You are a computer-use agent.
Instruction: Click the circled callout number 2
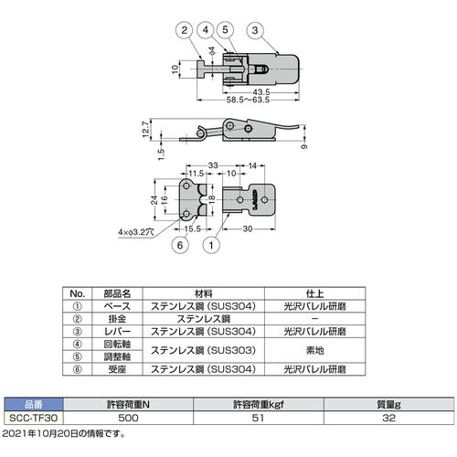click(186, 30)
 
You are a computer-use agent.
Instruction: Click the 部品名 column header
click(120, 292)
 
